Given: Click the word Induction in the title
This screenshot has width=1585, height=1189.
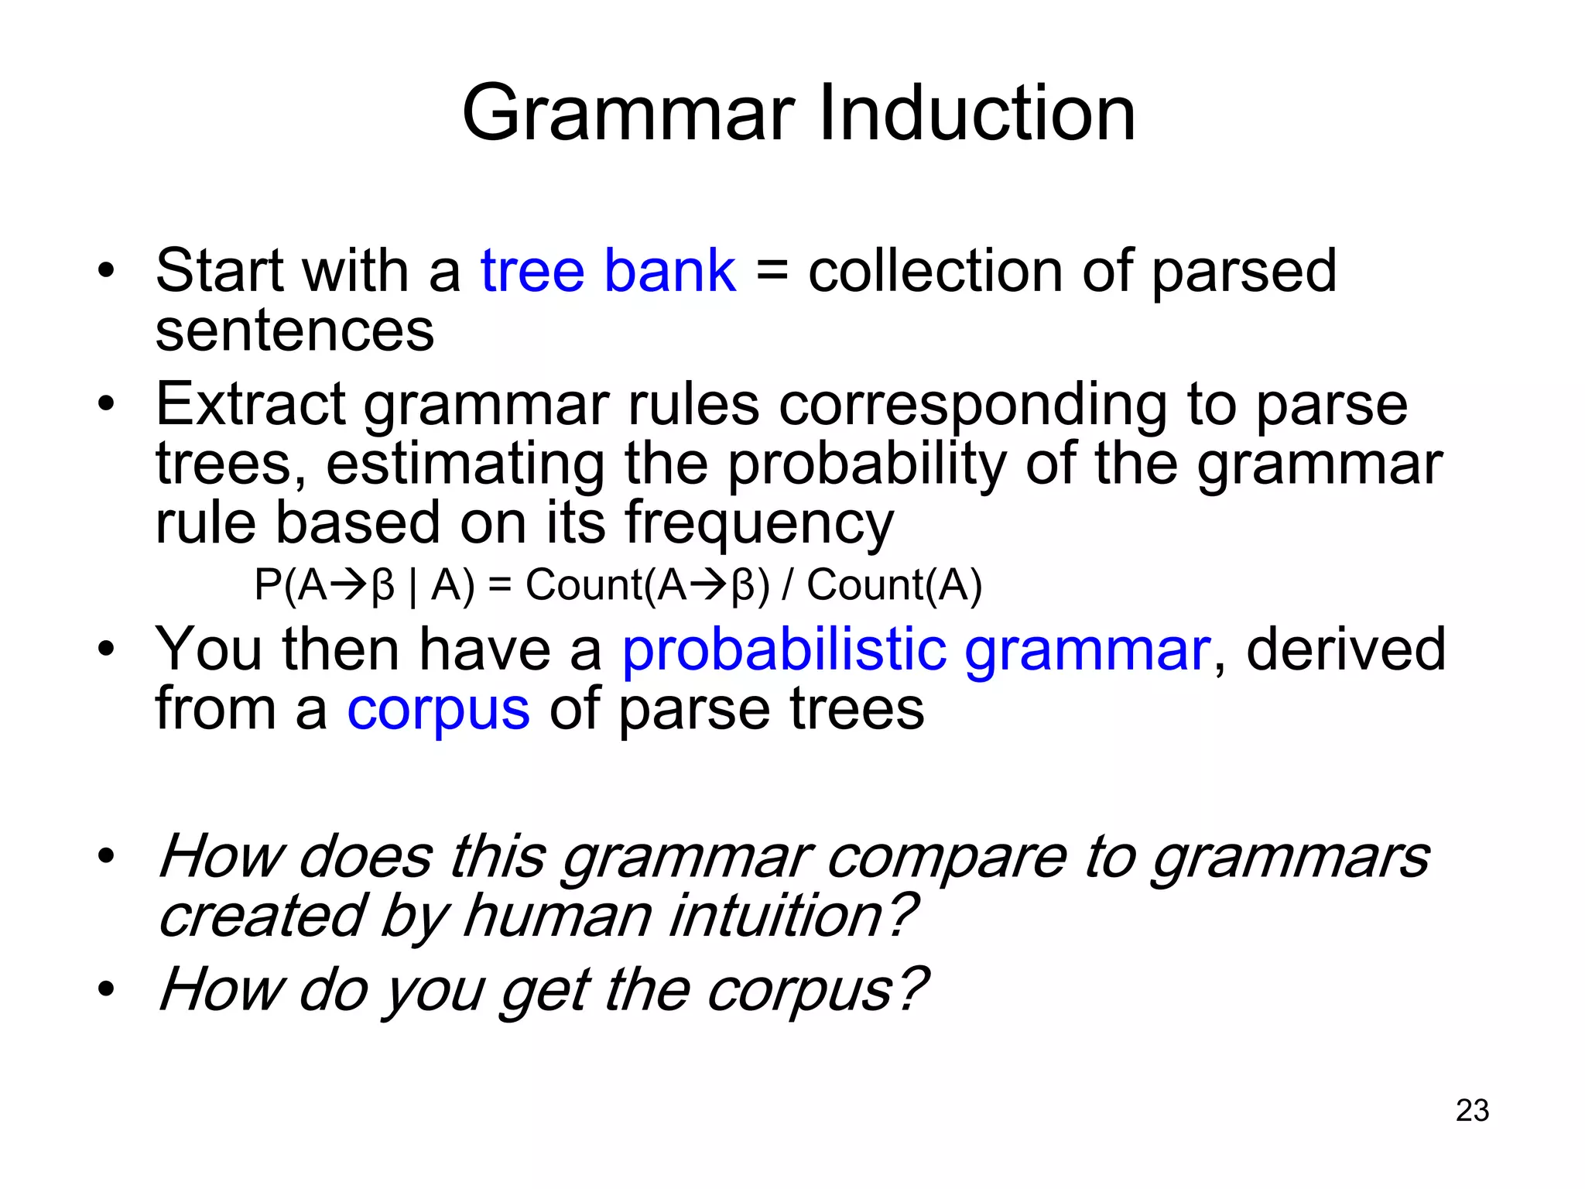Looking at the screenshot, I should pyautogui.click(x=977, y=114).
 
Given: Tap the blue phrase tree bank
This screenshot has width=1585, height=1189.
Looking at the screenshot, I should pyautogui.click(x=608, y=271).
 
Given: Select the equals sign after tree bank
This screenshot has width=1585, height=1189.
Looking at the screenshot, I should pyautogui.click(x=771, y=272).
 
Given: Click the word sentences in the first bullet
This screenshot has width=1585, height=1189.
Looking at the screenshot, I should pyautogui.click(x=294, y=331).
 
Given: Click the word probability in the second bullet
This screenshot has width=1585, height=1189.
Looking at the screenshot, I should pyautogui.click(x=867, y=464).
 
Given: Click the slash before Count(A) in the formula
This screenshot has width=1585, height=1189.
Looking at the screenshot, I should pyautogui.click(x=788, y=585).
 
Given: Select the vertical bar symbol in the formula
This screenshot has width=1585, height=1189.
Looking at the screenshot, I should pyautogui.click(x=413, y=587).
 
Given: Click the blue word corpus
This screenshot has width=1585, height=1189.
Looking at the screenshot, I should pyautogui.click(x=438, y=710).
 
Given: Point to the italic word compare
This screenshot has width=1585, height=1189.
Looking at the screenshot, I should pyautogui.click(x=946, y=858).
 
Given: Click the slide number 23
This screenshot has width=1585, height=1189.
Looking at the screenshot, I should pyautogui.click(x=1472, y=1110).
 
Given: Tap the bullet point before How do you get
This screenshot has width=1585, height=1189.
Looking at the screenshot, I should pyautogui.click(x=106, y=989).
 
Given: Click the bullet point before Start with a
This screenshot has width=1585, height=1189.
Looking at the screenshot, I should pyautogui.click(x=106, y=271).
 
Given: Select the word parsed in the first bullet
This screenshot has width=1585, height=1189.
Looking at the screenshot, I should pyautogui.click(x=1244, y=271).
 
